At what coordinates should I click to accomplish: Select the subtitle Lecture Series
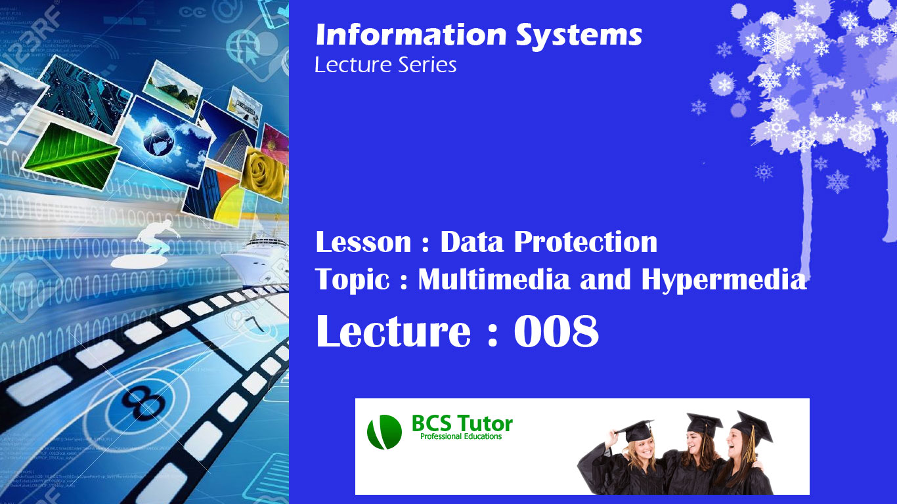pos(385,65)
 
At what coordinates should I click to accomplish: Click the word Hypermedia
pos(724,281)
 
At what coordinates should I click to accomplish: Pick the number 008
pos(556,332)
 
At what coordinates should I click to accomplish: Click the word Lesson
pos(363,242)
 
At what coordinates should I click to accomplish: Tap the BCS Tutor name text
pos(462,423)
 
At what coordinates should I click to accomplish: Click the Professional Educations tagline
pos(461,437)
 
